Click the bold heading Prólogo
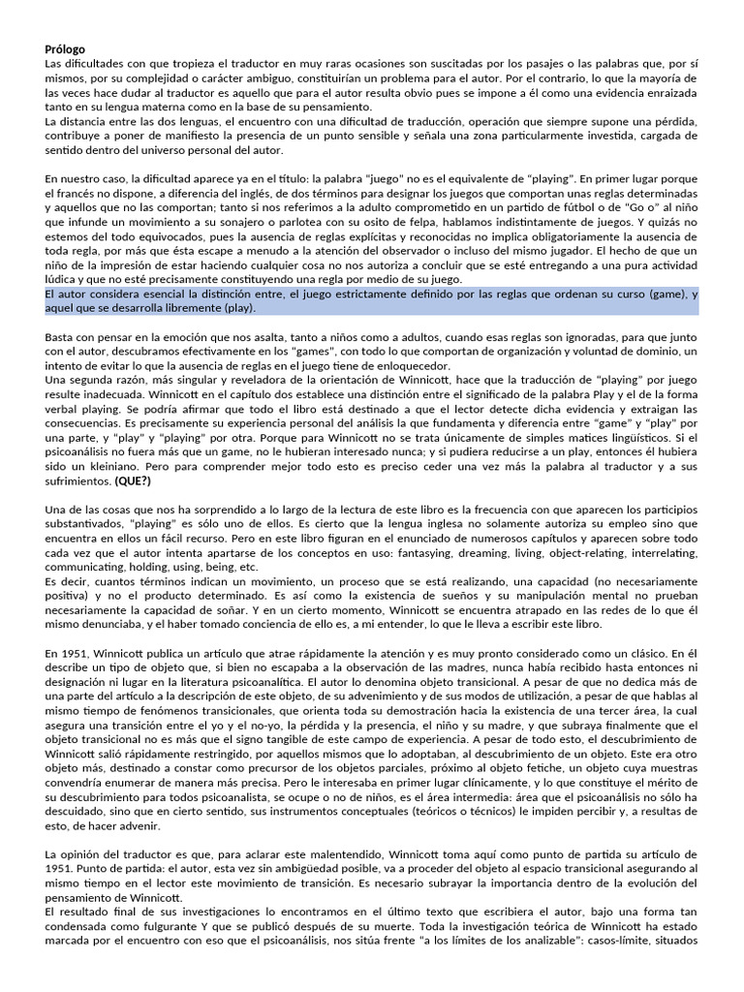[65, 49]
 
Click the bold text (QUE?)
[133, 480]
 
